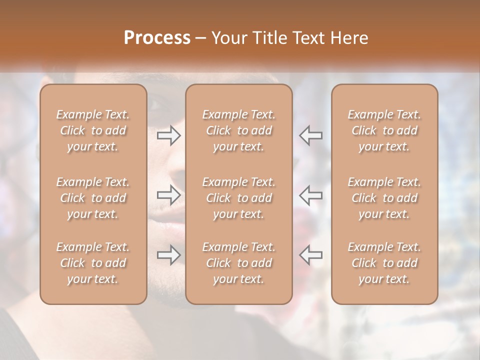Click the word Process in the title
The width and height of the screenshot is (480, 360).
click(x=157, y=38)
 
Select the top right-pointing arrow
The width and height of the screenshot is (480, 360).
click(x=168, y=135)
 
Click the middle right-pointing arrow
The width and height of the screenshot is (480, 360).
click(x=168, y=195)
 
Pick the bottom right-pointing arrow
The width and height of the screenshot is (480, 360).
click(x=168, y=255)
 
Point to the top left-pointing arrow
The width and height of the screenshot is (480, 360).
click(x=311, y=135)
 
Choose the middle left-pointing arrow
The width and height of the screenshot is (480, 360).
click(x=311, y=195)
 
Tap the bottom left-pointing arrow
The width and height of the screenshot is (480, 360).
click(x=311, y=255)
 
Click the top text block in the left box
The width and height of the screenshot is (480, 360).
click(x=93, y=130)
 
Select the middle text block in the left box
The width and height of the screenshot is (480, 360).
click(x=93, y=198)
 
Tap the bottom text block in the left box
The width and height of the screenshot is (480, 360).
click(x=93, y=263)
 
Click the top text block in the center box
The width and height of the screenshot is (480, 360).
click(x=239, y=130)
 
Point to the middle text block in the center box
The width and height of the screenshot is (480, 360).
click(x=239, y=198)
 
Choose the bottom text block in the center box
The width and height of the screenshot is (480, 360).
click(x=239, y=263)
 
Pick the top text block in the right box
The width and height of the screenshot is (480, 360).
click(x=384, y=130)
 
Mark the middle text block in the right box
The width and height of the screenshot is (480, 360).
click(x=384, y=198)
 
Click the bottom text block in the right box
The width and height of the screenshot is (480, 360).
click(x=384, y=263)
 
